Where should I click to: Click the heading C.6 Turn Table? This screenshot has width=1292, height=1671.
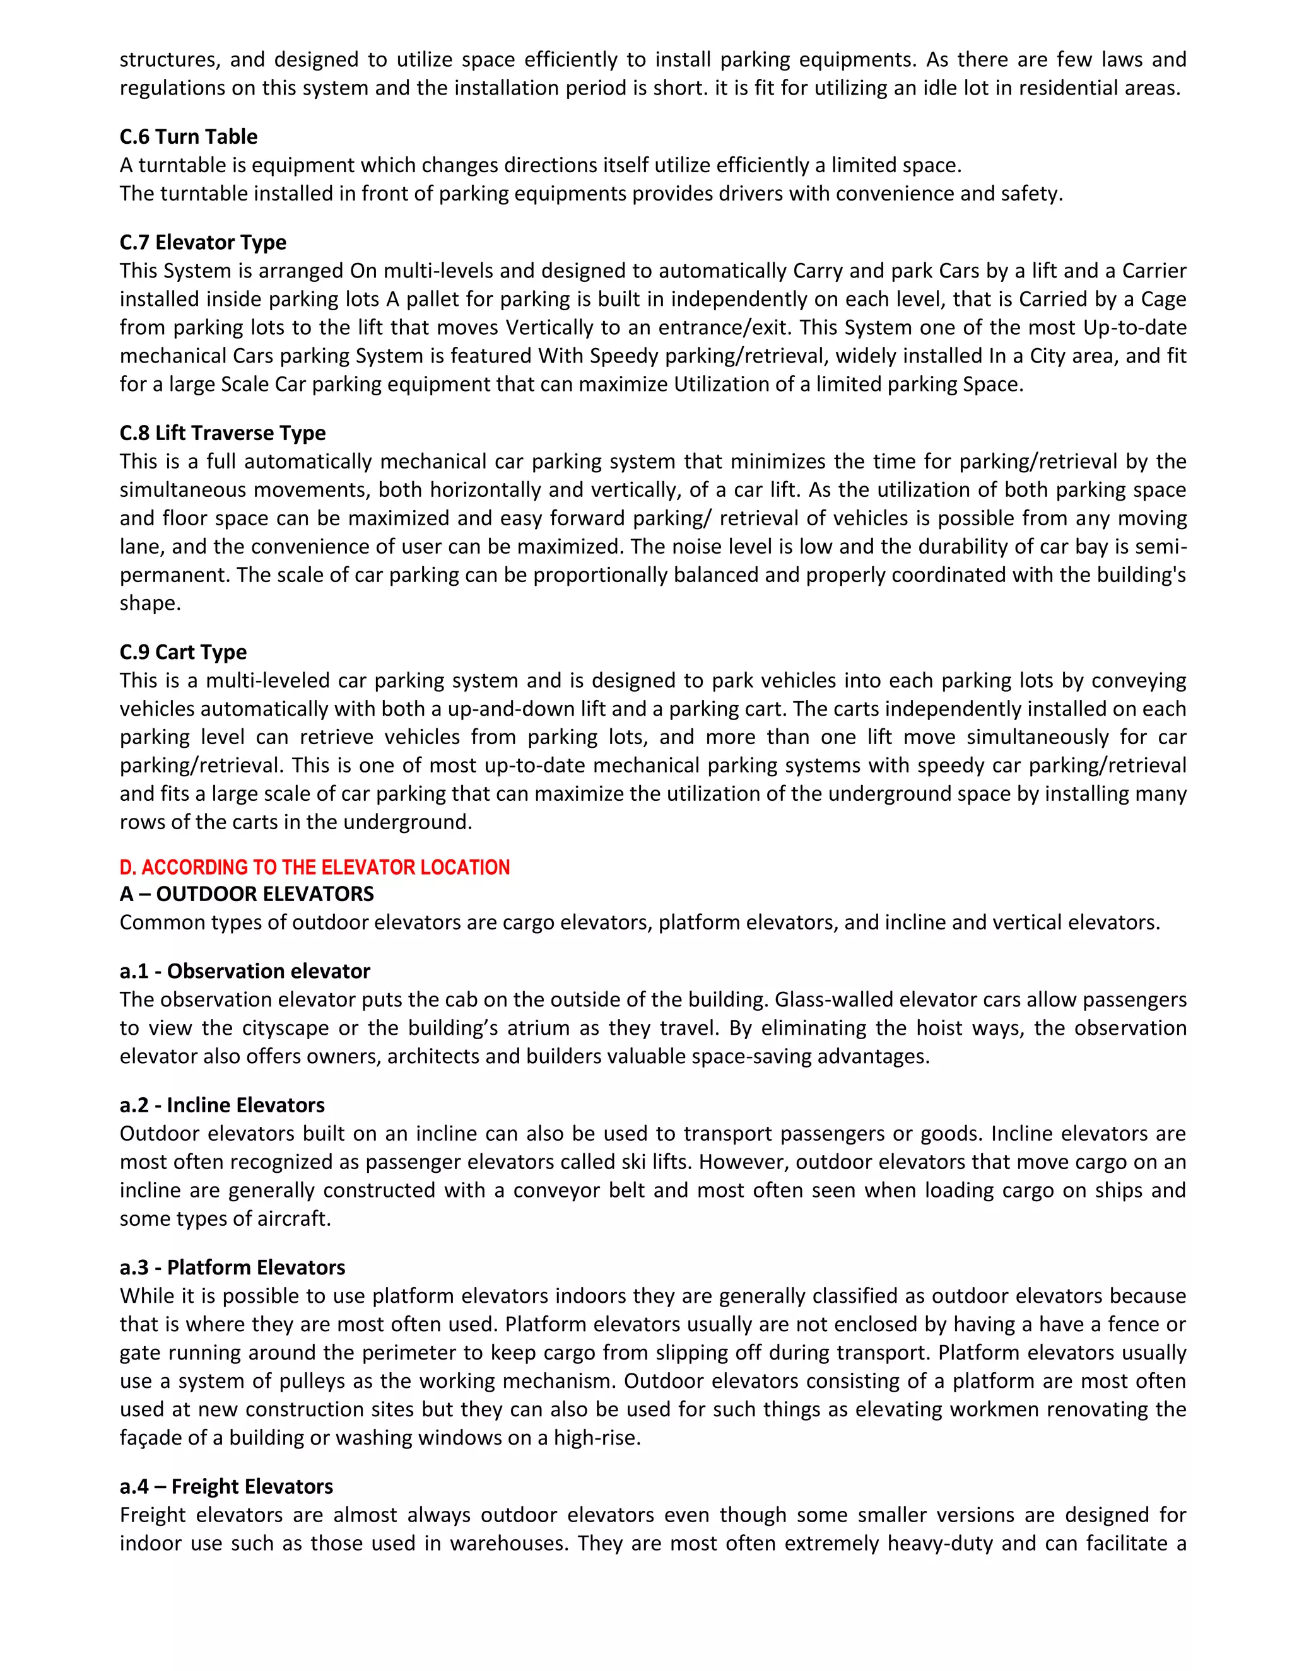tap(188, 137)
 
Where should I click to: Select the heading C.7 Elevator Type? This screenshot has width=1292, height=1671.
tap(203, 243)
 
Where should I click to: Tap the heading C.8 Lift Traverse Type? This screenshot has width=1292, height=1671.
tap(222, 433)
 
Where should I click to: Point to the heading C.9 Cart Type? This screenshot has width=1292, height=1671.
tap(183, 652)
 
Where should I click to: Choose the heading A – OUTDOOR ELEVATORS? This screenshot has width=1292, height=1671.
tap(247, 894)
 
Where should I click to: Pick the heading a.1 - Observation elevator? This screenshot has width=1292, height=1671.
tap(245, 971)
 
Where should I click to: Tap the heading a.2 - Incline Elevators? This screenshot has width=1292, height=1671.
tap(222, 1105)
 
